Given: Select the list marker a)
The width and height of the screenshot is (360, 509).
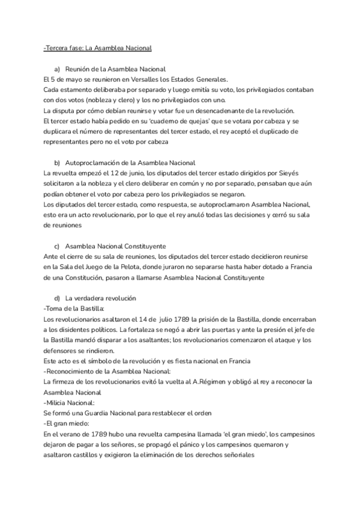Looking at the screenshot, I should click(57, 69).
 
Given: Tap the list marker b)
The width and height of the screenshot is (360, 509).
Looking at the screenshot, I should click(57, 163).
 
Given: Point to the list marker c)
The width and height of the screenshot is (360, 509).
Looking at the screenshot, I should click(57, 245).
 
